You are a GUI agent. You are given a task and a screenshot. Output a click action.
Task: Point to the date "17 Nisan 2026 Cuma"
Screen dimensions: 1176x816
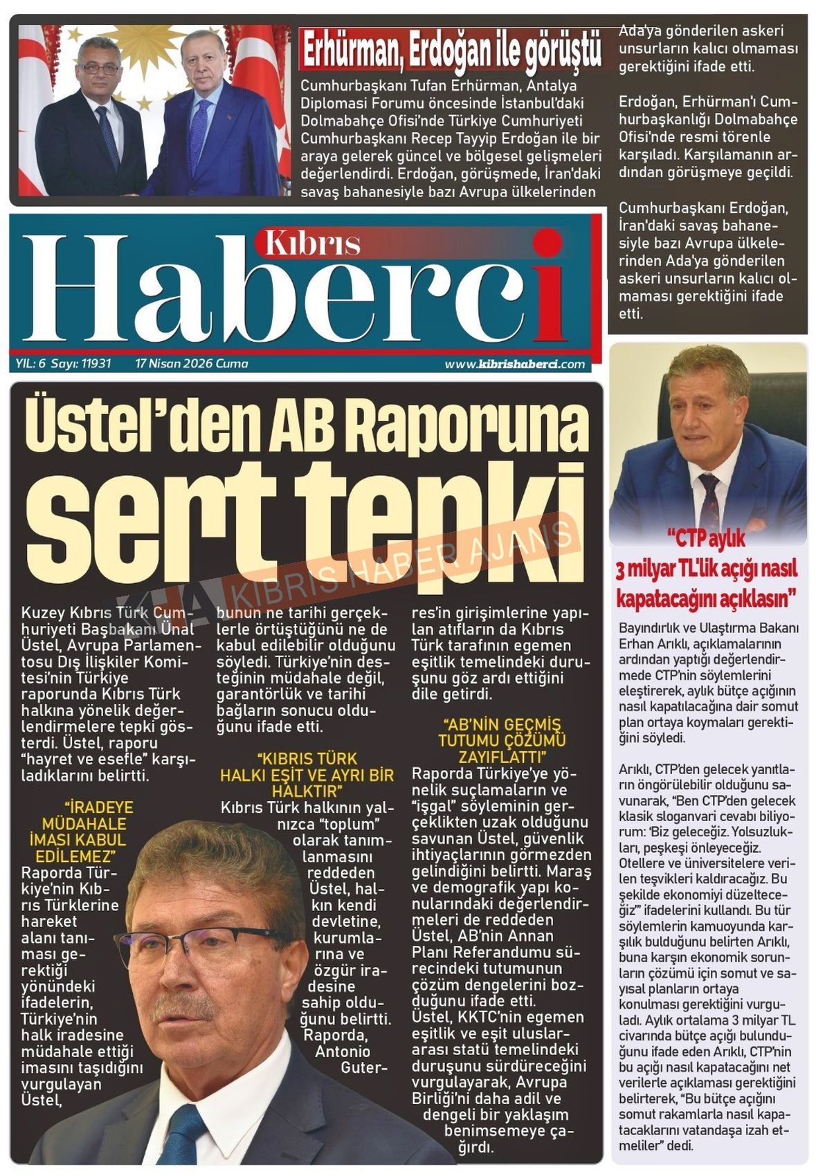[192, 363]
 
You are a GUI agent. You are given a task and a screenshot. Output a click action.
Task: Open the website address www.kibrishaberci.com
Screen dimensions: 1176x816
[514, 364]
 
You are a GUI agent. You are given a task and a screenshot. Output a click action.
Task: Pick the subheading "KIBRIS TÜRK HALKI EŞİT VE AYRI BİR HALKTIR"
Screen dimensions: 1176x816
[307, 774]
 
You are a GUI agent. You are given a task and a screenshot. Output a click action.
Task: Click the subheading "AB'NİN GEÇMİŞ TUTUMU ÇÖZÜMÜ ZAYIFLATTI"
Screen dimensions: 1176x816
[502, 739]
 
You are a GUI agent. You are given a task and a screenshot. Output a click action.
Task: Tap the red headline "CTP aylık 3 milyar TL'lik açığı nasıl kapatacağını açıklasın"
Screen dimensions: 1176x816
[707, 568]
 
